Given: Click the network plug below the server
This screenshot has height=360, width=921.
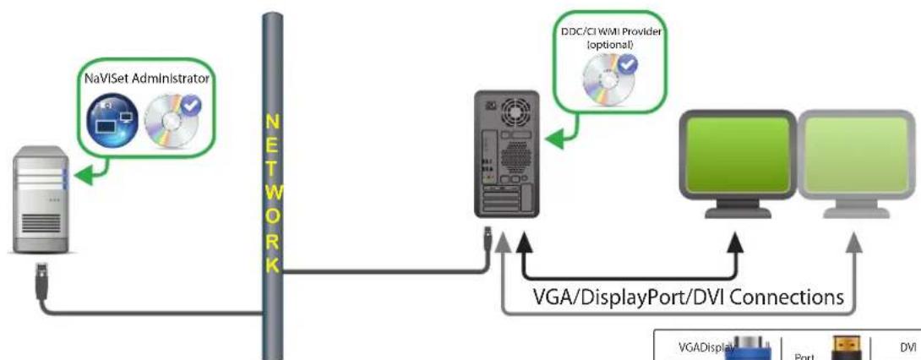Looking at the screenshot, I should [x=41, y=276].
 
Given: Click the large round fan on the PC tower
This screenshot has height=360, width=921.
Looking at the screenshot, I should [x=512, y=110].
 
